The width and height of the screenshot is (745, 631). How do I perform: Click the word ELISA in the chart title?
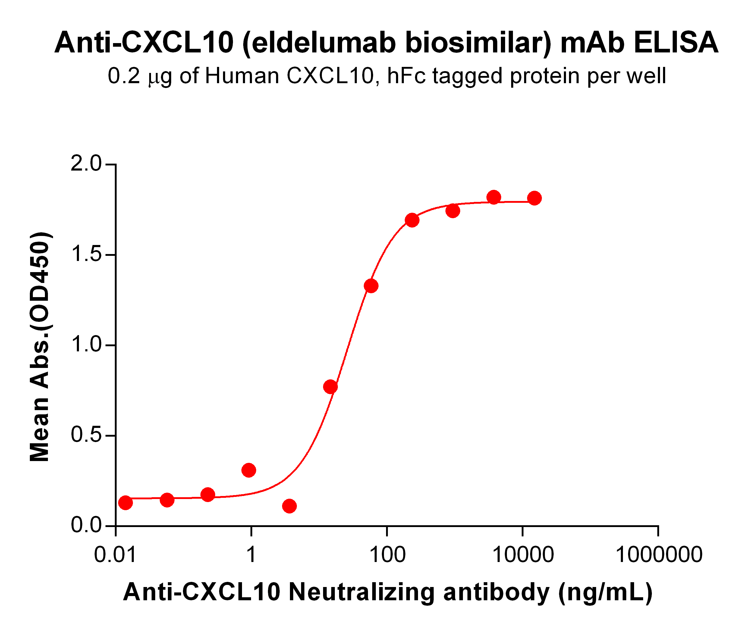click(676, 42)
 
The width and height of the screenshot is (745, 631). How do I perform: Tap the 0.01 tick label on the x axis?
click(115, 555)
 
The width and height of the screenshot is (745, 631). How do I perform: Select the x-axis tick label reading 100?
click(387, 555)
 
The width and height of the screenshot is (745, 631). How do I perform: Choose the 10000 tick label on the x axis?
click(523, 555)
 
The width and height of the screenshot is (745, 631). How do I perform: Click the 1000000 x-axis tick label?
click(659, 555)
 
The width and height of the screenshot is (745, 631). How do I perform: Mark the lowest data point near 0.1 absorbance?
click(289, 506)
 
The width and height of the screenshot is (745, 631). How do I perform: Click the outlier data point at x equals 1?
click(249, 470)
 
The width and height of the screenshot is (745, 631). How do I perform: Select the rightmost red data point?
click(534, 198)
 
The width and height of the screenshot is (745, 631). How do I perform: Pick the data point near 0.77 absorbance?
click(330, 387)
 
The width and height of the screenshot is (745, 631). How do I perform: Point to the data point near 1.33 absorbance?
click(371, 286)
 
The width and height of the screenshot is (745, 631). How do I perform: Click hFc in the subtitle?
click(406, 76)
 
